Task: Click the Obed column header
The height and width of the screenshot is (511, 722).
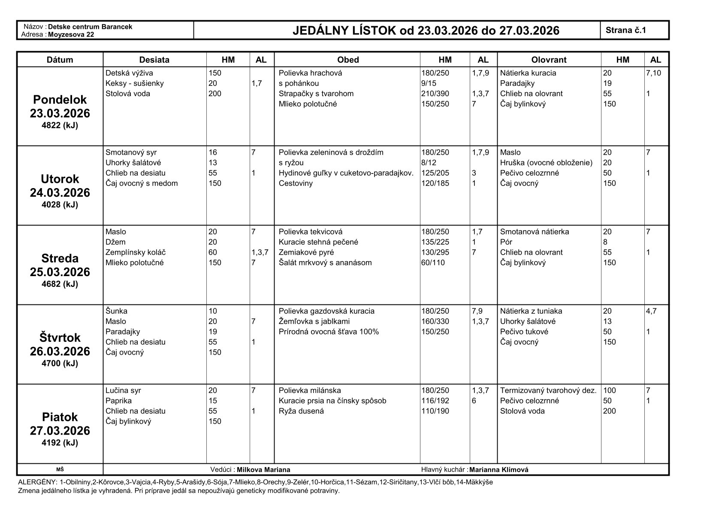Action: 347,60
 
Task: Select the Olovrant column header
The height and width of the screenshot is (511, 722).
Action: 549,60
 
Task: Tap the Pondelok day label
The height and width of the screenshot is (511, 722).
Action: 60,100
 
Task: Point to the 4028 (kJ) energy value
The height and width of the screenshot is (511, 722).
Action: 60,205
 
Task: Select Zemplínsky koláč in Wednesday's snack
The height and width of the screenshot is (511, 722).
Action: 135,252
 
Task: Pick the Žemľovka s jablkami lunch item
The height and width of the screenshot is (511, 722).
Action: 314,321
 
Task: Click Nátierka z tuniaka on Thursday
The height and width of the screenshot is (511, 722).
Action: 531,311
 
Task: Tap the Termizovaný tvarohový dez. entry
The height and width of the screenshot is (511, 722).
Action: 548,390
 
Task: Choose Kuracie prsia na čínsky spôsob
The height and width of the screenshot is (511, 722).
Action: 332,401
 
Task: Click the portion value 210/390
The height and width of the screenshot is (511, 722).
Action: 435,94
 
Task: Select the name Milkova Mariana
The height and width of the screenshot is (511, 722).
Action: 263,469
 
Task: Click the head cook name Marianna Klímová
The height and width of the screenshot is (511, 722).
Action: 498,469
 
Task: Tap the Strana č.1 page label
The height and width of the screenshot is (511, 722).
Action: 625,30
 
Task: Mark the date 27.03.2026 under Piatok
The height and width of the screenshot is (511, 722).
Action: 60,431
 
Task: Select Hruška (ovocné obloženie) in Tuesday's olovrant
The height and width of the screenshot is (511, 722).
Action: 546,163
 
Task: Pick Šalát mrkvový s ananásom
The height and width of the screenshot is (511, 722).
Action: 325,263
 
